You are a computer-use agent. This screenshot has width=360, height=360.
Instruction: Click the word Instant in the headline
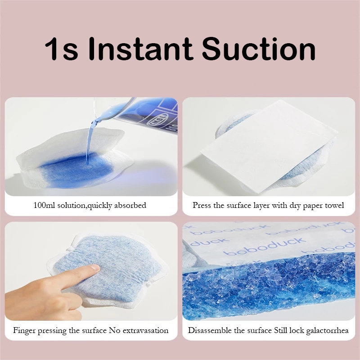pyautogui.click(x=140, y=49)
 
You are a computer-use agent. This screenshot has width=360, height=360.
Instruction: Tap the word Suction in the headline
pyautogui.click(x=258, y=49)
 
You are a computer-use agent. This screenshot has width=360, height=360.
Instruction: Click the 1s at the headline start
pyautogui.click(x=62, y=49)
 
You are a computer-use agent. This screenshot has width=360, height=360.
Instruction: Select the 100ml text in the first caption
pyautogui.click(x=44, y=205)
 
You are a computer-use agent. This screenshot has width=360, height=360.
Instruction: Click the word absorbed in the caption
pyautogui.click(x=130, y=205)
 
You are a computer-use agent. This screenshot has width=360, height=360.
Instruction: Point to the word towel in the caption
pyautogui.click(x=333, y=205)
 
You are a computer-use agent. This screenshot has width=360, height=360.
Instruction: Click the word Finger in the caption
pyautogui.click(x=24, y=330)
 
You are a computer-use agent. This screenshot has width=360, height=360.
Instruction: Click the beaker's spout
pyautogui.click(x=98, y=118)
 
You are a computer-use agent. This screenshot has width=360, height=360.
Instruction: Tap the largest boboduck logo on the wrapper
pyautogui.click(x=265, y=247)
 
